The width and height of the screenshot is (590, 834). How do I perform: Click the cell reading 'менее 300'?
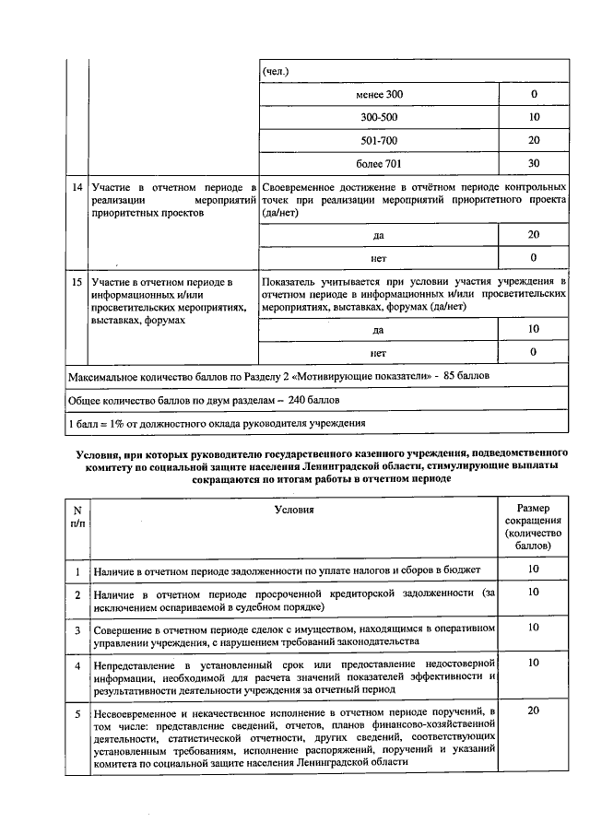[379, 95]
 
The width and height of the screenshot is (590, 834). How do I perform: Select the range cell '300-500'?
[379, 118]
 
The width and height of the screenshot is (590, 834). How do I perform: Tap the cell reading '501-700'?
[379, 141]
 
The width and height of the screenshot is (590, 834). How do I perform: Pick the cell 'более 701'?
[379, 164]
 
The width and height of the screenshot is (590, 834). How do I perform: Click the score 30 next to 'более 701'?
[534, 164]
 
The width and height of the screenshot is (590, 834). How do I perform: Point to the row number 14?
[76, 187]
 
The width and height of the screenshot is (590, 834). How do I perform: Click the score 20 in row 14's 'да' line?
[534, 235]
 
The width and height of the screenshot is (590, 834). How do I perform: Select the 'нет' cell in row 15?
[378, 352]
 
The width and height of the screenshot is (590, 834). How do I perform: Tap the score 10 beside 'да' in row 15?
[534, 329]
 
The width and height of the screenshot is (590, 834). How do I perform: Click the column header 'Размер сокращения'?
[534, 526]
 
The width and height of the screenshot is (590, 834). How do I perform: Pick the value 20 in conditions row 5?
[534, 711]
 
